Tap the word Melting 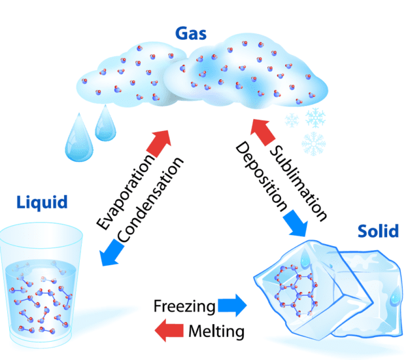(216, 332)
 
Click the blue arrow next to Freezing (233, 306)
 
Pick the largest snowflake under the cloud (314, 141)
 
